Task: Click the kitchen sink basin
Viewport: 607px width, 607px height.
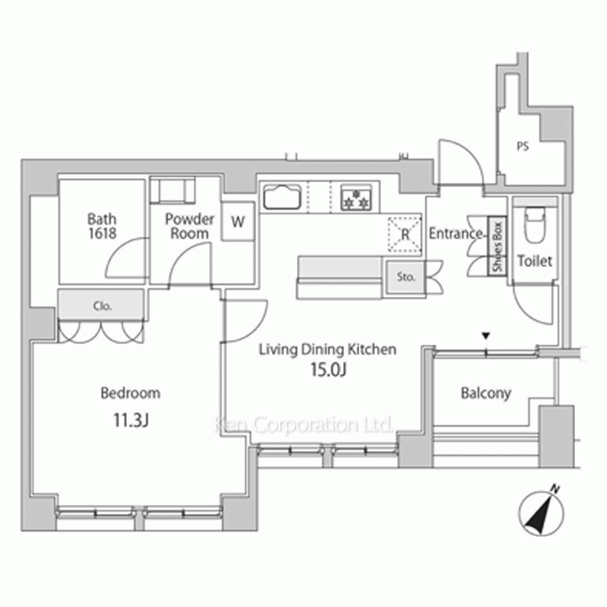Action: point(282,197)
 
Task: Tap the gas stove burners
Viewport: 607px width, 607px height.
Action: point(356,198)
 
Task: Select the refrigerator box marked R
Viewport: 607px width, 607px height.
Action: point(405,234)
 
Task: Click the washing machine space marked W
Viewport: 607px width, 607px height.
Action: point(238,222)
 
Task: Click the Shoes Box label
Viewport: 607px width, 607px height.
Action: point(498,246)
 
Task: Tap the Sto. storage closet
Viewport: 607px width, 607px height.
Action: point(405,276)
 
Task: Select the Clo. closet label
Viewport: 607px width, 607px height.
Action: point(103,306)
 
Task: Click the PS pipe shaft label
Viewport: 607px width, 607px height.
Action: point(523,146)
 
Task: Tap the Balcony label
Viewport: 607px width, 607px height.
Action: point(486,393)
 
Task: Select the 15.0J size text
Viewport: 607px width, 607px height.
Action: point(328,370)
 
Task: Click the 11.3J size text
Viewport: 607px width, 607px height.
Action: point(131,420)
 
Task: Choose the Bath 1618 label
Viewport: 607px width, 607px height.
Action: point(102,226)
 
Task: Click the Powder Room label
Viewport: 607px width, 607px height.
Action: point(189,226)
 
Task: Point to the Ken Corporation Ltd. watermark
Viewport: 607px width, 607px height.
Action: point(303,425)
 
